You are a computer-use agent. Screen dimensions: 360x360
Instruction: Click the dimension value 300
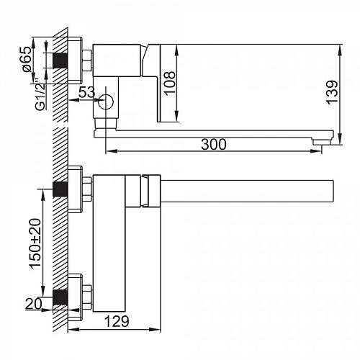(214, 144)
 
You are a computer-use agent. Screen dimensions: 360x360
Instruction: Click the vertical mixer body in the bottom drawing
(110, 245)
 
